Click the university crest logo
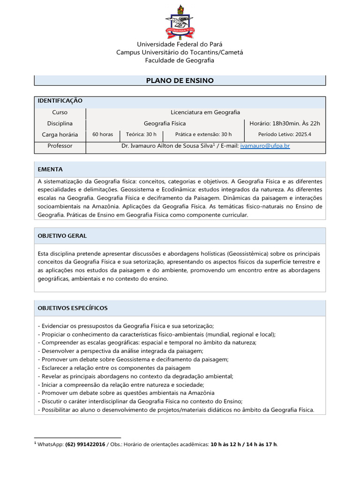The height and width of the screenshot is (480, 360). tap(180, 22)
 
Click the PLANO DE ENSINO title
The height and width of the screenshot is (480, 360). tap(180, 81)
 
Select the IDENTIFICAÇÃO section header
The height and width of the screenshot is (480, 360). tap(60, 101)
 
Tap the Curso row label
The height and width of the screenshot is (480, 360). tap(60, 112)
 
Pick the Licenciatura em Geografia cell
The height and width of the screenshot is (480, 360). tap(205, 112)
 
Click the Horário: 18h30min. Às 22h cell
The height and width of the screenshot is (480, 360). tap(285, 123)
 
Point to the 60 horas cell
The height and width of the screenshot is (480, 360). tap(103, 135)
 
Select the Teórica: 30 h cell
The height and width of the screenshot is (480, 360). tap(141, 135)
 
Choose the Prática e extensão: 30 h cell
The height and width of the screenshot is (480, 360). tap(203, 135)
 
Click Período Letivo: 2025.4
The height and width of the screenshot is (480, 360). tap(285, 135)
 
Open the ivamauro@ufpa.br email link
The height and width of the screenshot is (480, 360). tap(265, 146)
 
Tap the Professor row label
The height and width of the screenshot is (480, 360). tap(60, 146)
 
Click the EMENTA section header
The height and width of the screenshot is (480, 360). tap(50, 169)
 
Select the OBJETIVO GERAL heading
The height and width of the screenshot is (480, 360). tap(62, 236)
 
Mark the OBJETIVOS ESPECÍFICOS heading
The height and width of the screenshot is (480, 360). tap(73, 308)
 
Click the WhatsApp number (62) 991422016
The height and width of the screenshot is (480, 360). tap(85, 444)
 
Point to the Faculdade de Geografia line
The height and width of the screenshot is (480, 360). tap(180, 60)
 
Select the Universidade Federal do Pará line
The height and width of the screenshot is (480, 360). tap(180, 44)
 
